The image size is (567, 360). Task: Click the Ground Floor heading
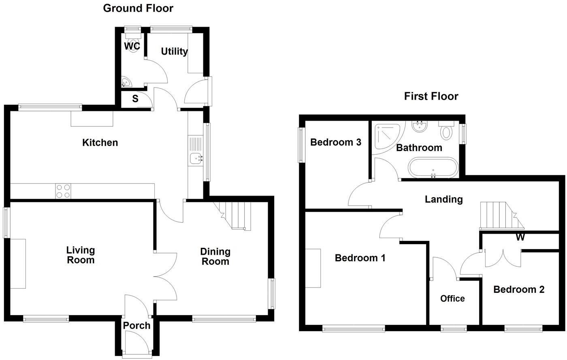point(138,9)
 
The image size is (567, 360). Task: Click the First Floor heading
point(431,96)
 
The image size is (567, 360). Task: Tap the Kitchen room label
point(100,143)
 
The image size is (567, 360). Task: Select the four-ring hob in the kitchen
point(63,191)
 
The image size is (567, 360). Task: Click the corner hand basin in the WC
point(126,82)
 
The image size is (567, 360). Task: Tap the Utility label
point(175,52)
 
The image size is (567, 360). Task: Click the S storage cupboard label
point(135,99)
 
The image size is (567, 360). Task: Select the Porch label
point(137,326)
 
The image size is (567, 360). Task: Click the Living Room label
point(81,255)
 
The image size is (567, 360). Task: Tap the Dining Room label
point(215,256)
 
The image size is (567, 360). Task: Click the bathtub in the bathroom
point(433,167)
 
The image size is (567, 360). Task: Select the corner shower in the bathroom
point(387,136)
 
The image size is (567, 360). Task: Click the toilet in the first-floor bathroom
point(446,130)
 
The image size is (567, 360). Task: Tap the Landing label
point(444,200)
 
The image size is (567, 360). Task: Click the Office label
point(452,299)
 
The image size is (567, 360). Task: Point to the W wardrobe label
point(520,237)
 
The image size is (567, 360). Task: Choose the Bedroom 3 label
point(336,142)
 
